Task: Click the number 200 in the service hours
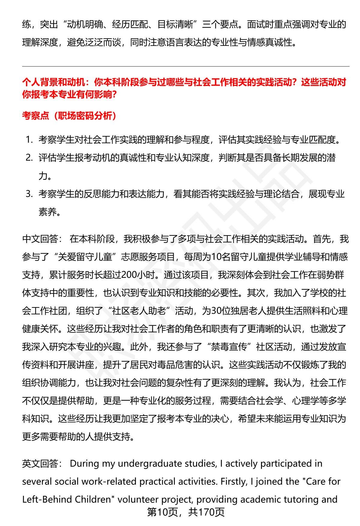pos(128,275)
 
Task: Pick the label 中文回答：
pos(42,239)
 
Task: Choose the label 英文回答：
pos(42,464)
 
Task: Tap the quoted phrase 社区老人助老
pos(139,311)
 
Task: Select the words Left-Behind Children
pos(67,500)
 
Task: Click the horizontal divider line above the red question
pos(185,67)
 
